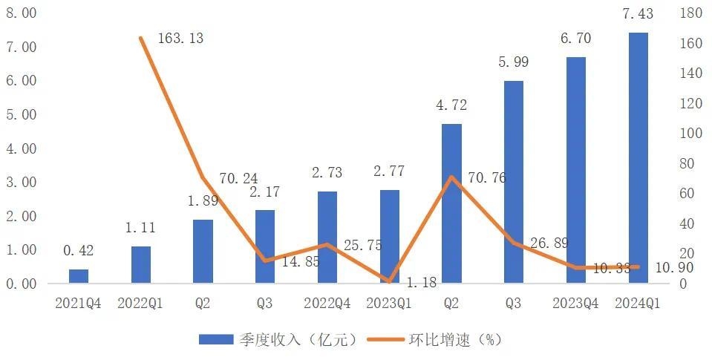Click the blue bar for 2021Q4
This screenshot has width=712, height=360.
(79, 276)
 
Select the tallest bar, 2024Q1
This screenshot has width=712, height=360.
(638, 158)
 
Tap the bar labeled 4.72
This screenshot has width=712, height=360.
(451, 204)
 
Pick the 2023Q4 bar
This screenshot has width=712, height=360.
(576, 171)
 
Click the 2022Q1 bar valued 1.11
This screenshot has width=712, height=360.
(141, 265)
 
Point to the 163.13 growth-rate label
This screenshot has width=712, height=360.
(180, 39)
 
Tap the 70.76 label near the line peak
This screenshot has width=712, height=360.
(487, 178)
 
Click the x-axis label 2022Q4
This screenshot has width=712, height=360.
(327, 303)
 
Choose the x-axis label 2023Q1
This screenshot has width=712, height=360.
(389, 303)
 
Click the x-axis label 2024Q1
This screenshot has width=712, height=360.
(638, 303)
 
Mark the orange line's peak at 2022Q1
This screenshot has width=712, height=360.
(141, 38)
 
